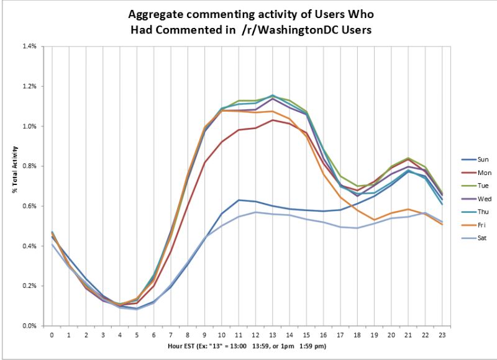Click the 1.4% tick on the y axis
[x=30, y=47]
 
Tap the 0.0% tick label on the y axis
[x=30, y=326]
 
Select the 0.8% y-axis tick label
[x=30, y=166]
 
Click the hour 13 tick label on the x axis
[x=273, y=335]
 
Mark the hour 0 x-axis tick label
[x=52, y=335]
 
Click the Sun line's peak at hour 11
[x=239, y=200]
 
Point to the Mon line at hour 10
[x=222, y=142]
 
